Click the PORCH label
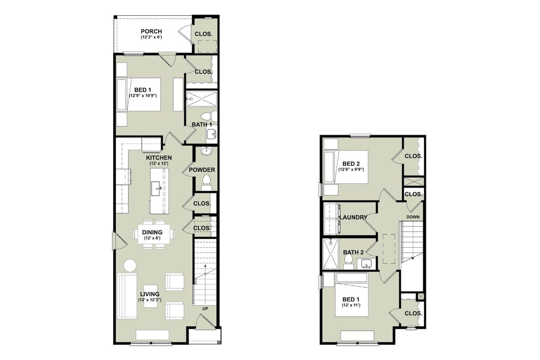pyautogui.click(x=152, y=32)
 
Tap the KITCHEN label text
pyautogui.click(x=159, y=158)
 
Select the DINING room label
pyautogui.click(x=152, y=232)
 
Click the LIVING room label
pyautogui.click(x=150, y=294)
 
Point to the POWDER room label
pyautogui.click(x=202, y=170)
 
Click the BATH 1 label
pyautogui.click(x=202, y=125)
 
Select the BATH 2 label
pyautogui.click(x=354, y=252)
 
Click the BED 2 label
pyautogui.click(x=351, y=164)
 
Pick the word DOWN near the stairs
pyautogui.click(x=413, y=217)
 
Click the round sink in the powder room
pyautogui.click(x=206, y=151)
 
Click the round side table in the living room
pyautogui.click(x=130, y=265)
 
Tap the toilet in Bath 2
pyautogui.click(x=348, y=265)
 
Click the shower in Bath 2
pyautogui.click(x=330, y=254)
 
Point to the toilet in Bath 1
pyautogui.click(x=206, y=116)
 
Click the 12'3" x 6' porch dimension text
pyautogui.click(x=152, y=37)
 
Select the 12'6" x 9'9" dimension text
pyautogui.click(x=351, y=170)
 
